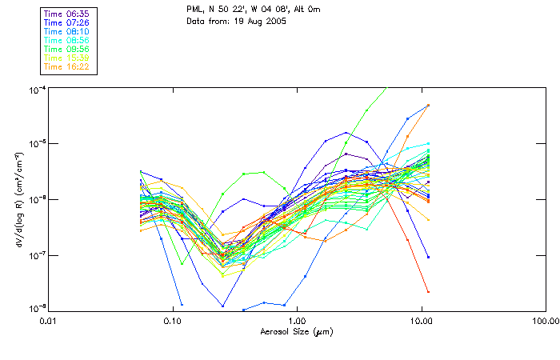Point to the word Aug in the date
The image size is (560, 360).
coord(258,22)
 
